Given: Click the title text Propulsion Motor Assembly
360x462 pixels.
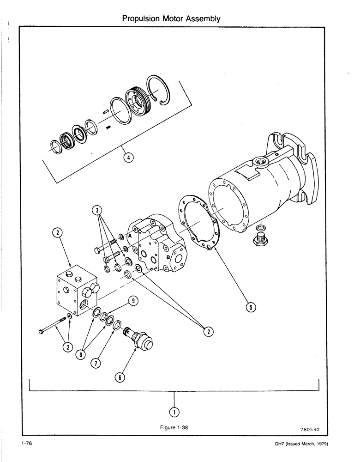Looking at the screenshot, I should pos(171,19).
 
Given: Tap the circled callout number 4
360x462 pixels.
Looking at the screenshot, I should pos(128,158).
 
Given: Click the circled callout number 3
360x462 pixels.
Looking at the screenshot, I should pos(97,210).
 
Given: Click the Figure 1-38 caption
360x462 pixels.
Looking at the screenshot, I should pos(174,427).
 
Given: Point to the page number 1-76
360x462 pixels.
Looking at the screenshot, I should pos(26,445).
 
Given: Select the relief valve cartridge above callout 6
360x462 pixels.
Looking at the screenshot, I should pos(138,340).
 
